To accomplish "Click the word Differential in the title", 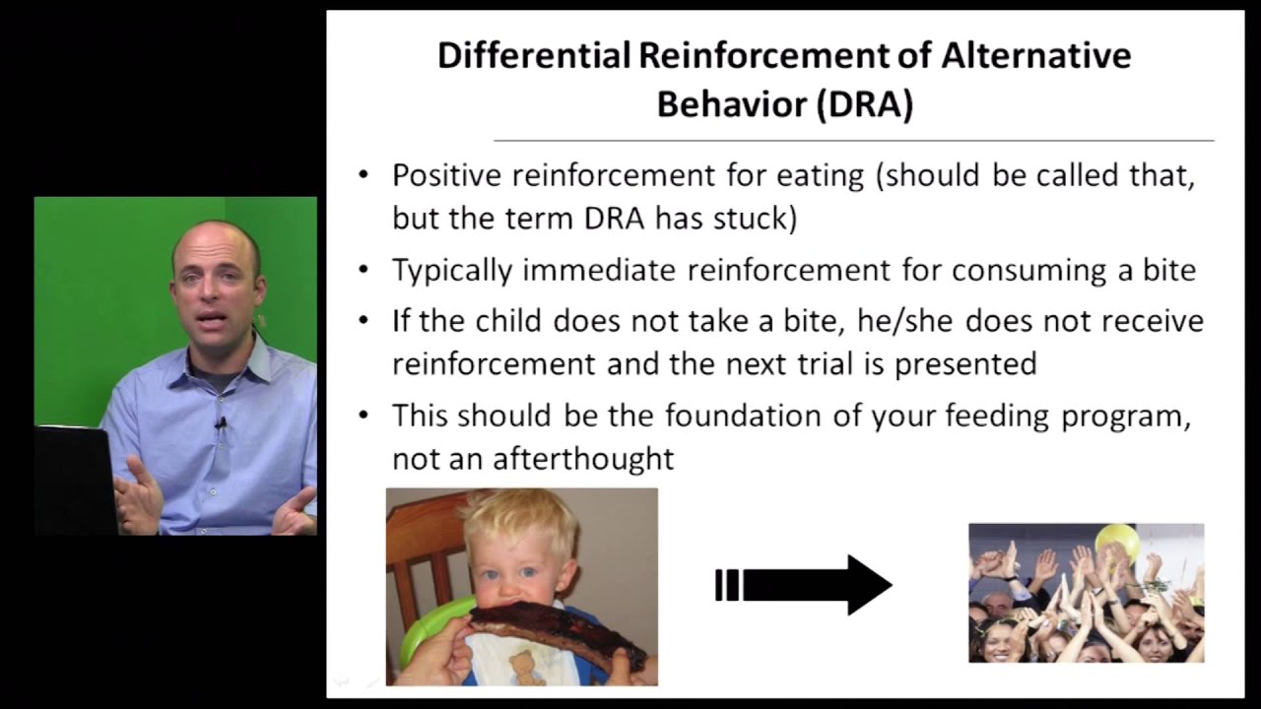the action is click(534, 55).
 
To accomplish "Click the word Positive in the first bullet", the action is click(446, 175).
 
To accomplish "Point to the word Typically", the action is click(452, 271).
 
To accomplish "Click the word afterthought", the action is click(583, 459).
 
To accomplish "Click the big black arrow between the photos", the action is click(803, 585).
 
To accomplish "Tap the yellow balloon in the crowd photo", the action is click(1116, 541).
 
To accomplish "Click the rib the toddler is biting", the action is click(558, 631).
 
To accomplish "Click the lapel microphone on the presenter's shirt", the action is click(222, 423).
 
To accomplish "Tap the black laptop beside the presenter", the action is click(76, 480).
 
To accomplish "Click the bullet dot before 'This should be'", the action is click(364, 416).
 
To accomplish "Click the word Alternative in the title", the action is click(1035, 55).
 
